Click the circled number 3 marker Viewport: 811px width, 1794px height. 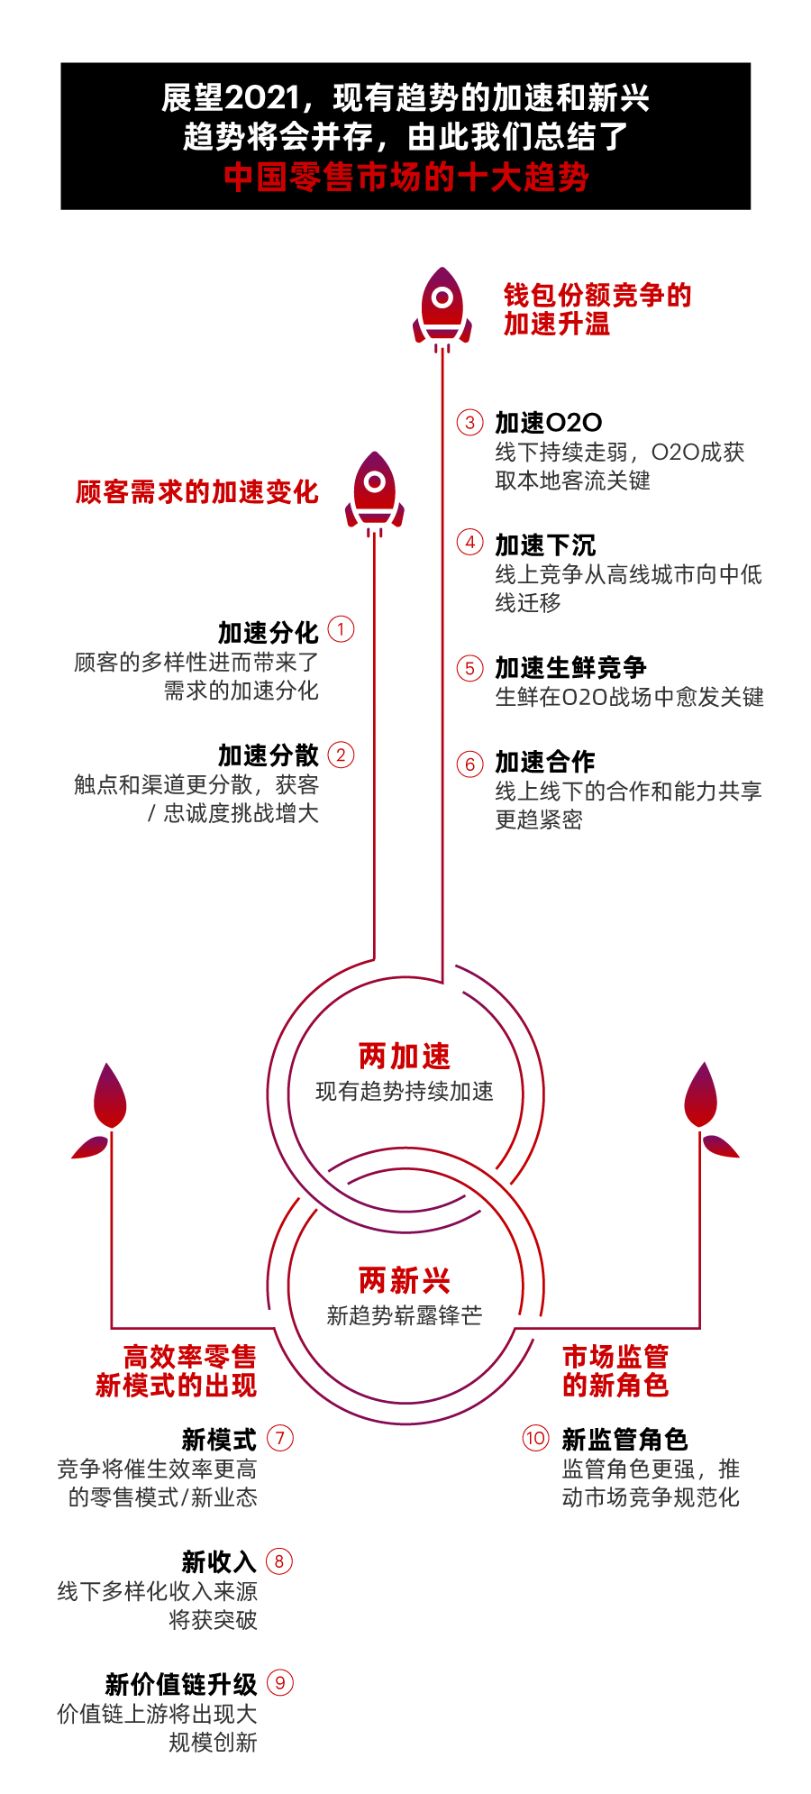click(x=469, y=422)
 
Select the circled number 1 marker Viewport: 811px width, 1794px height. click(x=341, y=628)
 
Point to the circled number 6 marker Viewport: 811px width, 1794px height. click(x=469, y=764)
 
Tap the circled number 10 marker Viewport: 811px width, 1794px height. click(x=535, y=1437)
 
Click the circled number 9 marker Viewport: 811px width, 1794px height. click(x=280, y=1682)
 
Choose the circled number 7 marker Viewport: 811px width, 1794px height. click(x=280, y=1437)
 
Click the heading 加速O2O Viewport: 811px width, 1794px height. click(x=549, y=422)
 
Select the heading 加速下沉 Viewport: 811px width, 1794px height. click(x=545, y=545)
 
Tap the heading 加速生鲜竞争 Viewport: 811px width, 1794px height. click(x=570, y=667)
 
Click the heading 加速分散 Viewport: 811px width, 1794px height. click(x=269, y=755)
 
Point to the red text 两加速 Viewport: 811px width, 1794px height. click(x=405, y=1056)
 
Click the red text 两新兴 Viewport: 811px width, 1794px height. click(x=405, y=1280)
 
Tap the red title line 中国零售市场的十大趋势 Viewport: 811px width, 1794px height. click(x=406, y=177)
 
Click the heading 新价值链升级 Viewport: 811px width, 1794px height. click(x=181, y=1683)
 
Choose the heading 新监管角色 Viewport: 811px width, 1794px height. click(x=624, y=1439)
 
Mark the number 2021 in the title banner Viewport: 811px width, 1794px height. click(x=262, y=97)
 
